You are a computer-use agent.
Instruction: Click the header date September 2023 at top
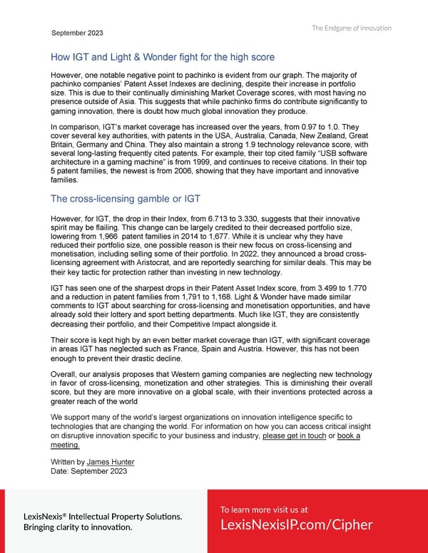(x=77, y=33)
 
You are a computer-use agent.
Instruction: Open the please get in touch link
(x=294, y=436)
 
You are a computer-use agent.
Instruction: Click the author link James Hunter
(x=109, y=462)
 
